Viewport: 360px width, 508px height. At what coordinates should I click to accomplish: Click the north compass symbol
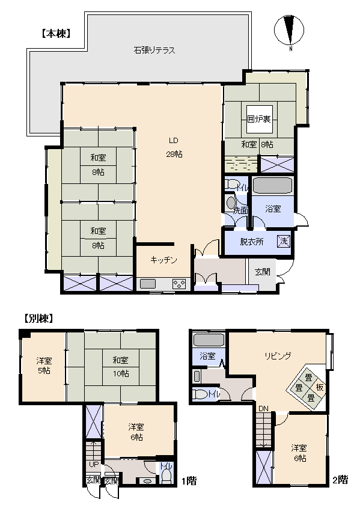pos(289,31)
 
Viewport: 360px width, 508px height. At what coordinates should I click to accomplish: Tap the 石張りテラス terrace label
pos(154,50)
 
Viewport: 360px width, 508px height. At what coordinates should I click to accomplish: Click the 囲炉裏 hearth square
pos(259,119)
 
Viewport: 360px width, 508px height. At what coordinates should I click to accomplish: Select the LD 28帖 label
pos(174,147)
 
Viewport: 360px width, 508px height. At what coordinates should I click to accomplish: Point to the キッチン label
pos(164,260)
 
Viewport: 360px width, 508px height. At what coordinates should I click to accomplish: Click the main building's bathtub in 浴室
pos(273,185)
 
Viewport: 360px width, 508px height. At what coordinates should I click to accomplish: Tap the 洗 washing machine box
pos(284,241)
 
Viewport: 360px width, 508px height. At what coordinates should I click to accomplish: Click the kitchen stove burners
pos(178,284)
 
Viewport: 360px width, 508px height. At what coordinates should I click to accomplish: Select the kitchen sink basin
pos(148,284)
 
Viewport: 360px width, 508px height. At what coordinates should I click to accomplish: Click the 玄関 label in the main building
pos(262,272)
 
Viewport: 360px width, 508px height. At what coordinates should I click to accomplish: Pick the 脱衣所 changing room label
pos(252,242)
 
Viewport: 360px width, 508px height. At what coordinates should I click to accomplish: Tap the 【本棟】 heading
pos(56,34)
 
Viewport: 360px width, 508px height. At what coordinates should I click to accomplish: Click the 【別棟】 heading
pos(38,319)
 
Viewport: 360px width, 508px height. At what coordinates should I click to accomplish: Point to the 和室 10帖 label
pos(121,366)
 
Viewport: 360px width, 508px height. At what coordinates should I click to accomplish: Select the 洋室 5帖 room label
pos(44,366)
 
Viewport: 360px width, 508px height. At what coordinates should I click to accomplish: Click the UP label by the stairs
pos(94,464)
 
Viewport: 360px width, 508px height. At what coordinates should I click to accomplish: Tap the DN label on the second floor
pos(263,409)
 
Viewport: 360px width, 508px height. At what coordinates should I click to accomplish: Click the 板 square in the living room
pos(320,387)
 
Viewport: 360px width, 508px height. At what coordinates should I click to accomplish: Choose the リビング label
pos(278,356)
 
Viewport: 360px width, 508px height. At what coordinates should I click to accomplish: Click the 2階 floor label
pos(340,480)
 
